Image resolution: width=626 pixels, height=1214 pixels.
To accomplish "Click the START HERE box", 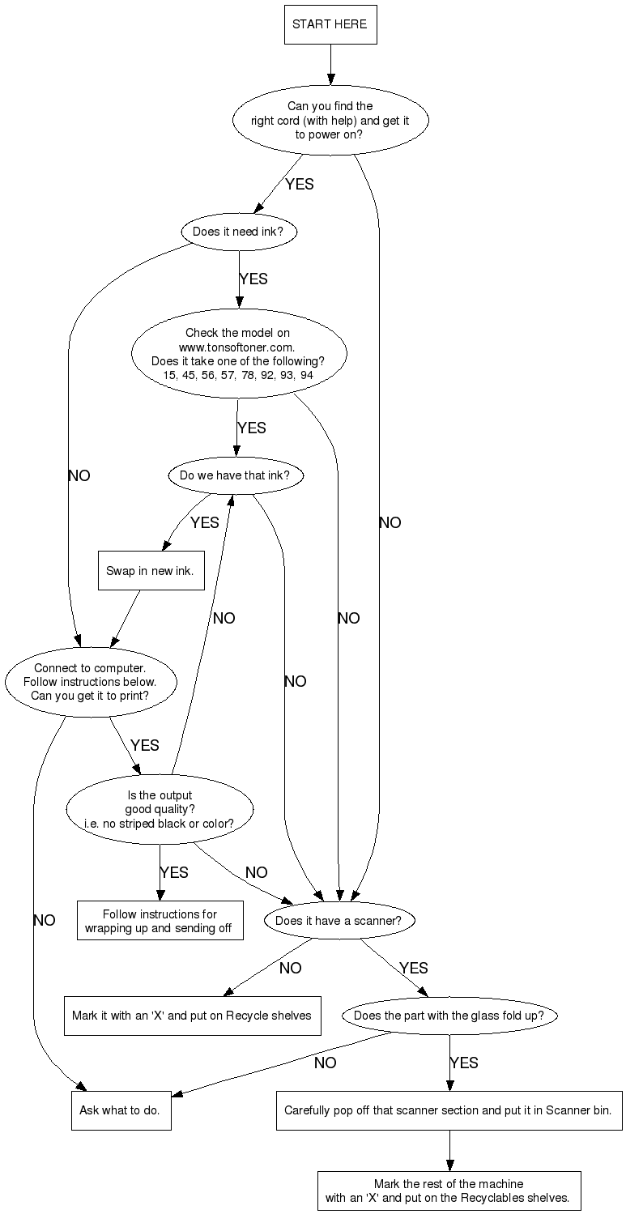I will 330,24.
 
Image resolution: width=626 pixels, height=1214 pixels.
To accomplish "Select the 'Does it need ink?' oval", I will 238,232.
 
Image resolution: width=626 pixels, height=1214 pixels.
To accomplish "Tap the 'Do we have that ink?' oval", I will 235,475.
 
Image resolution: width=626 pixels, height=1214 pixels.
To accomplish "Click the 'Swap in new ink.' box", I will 151,571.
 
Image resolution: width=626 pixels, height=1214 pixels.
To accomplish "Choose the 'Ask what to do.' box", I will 120,1110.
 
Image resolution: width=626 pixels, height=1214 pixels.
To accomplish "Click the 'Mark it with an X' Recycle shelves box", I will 192,1015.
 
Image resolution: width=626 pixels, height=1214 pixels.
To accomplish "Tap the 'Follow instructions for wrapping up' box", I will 159,921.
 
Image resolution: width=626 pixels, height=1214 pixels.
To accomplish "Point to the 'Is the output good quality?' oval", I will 160,809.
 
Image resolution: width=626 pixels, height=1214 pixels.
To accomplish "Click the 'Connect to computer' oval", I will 90,682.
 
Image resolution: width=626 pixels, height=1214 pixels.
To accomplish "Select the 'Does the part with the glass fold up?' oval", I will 449,1015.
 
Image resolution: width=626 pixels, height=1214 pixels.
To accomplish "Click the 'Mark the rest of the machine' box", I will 449,1191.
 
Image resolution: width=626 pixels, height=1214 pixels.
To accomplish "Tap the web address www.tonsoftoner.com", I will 237,346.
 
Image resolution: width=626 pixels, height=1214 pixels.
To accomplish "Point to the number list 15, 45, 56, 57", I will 237,375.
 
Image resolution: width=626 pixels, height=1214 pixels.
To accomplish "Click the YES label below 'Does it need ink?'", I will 253,279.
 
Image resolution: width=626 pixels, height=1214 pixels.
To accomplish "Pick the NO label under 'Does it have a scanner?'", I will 290,968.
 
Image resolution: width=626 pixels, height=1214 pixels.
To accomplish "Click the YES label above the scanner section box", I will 464,1063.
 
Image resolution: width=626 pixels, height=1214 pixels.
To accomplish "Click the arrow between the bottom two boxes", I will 449,1150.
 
